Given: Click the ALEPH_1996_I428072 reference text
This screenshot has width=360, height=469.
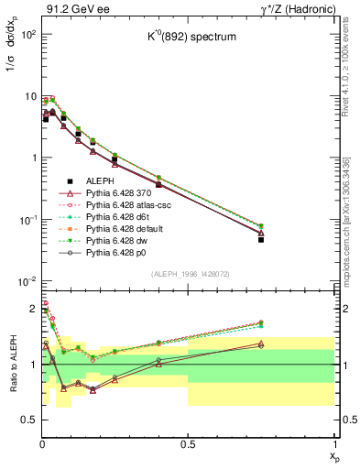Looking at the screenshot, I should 188,274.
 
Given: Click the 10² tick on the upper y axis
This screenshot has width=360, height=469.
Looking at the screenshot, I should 27,34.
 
